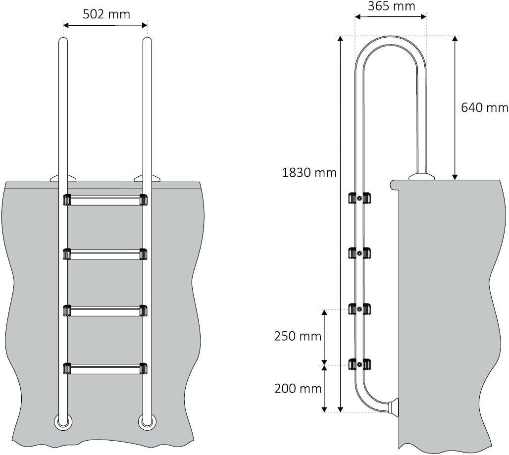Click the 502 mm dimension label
point(106,14)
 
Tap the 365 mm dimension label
point(391,6)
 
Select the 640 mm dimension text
point(485,107)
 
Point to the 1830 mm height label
point(309,173)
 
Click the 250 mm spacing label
point(298,336)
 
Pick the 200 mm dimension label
point(298,389)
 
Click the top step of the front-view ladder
point(105,200)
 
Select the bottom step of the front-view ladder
point(105,369)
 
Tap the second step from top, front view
point(105,254)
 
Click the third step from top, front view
point(105,310)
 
